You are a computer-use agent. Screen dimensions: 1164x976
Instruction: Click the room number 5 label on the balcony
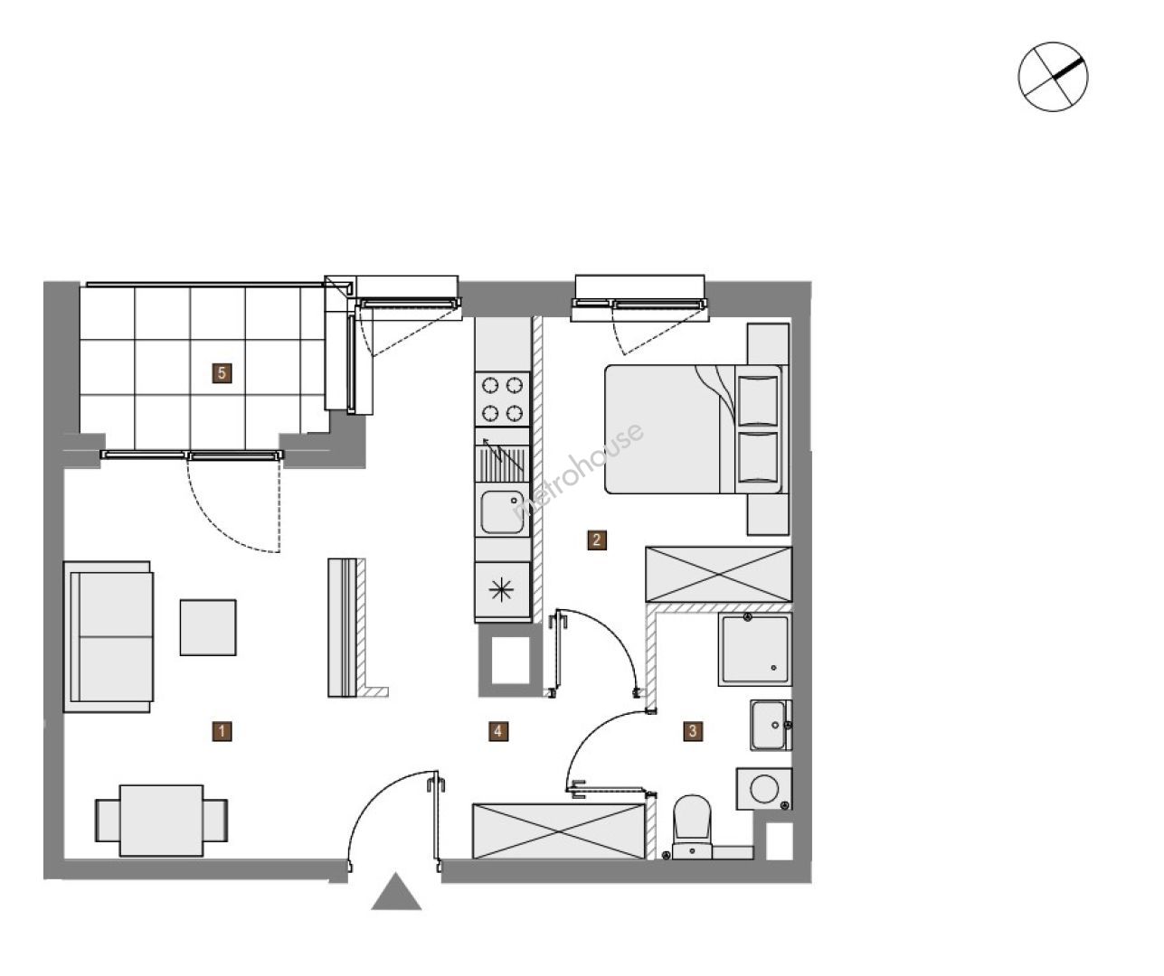(222, 373)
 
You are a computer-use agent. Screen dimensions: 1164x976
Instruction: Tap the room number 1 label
(222, 731)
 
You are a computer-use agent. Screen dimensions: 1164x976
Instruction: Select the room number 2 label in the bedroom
(597, 540)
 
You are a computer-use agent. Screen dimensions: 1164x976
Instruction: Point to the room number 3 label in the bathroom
(693, 731)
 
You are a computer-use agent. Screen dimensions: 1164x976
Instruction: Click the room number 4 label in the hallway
(498, 731)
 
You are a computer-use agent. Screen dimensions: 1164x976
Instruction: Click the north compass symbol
(1053, 76)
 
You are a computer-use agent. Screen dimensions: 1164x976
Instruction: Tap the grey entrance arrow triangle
(396, 891)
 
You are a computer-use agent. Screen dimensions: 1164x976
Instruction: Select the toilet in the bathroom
(693, 827)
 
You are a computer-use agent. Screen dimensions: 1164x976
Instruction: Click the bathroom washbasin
(770, 725)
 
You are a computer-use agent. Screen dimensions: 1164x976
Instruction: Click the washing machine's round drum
(764, 789)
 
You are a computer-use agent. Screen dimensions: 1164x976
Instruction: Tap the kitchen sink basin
(502, 512)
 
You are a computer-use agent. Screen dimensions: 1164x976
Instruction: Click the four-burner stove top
(502, 399)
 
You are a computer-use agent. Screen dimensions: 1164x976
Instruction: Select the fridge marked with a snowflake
(502, 590)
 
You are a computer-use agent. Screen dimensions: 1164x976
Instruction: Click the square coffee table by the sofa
(208, 627)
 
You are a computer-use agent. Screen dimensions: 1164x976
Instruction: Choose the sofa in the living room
(109, 637)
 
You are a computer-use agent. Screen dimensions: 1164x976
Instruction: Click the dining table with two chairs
(162, 821)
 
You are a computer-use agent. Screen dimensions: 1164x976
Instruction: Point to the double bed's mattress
(670, 429)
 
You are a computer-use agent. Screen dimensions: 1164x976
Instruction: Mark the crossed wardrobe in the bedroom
(719, 575)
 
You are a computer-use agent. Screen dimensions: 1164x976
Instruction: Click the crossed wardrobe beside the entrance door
(559, 831)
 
